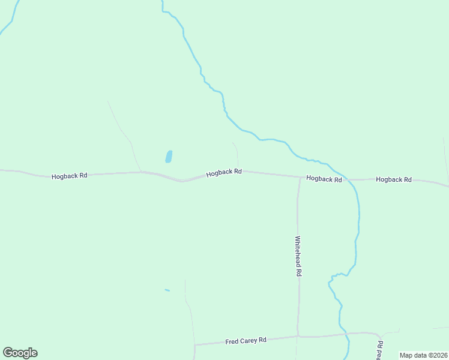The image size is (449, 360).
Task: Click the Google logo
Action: click(20, 353)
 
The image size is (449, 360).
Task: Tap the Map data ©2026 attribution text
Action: click(423, 355)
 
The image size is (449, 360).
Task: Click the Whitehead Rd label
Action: click(298, 255)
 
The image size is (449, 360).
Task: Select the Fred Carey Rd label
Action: click(246, 341)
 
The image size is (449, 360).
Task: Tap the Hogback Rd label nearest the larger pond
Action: click(224, 172)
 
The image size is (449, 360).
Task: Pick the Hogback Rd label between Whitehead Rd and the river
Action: click(324, 179)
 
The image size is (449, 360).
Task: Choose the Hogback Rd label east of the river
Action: click(394, 179)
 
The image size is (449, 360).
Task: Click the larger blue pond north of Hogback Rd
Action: click(169, 157)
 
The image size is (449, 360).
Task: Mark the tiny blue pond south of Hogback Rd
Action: click(167, 290)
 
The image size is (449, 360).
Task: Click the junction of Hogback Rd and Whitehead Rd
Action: click(300, 177)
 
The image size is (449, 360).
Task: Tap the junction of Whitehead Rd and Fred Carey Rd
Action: click(297, 337)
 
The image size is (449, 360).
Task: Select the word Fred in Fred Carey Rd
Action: click(232, 341)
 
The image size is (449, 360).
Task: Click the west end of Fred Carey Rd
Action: click(196, 344)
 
